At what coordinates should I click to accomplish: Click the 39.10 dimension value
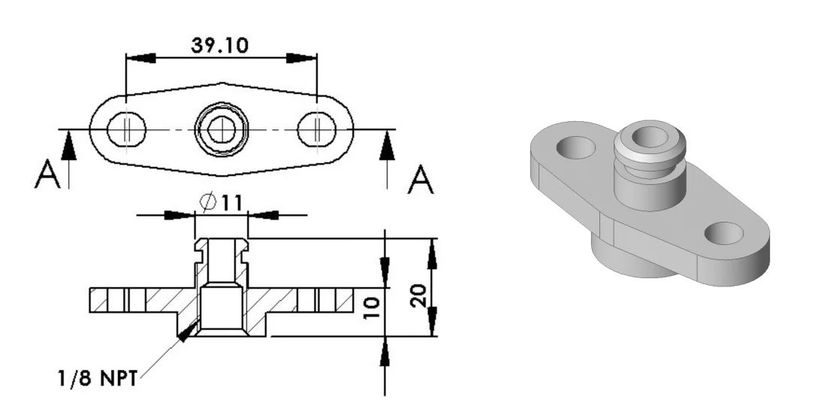point(219,45)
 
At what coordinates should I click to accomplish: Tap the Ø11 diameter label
point(222,202)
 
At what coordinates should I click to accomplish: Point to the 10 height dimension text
point(372,308)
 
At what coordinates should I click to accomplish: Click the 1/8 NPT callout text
point(98,378)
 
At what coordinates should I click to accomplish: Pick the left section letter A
point(47,175)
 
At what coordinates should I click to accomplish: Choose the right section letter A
point(421,180)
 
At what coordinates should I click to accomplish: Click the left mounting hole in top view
point(127,129)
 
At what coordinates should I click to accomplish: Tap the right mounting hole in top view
point(316,129)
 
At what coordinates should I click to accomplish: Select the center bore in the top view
point(222,129)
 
